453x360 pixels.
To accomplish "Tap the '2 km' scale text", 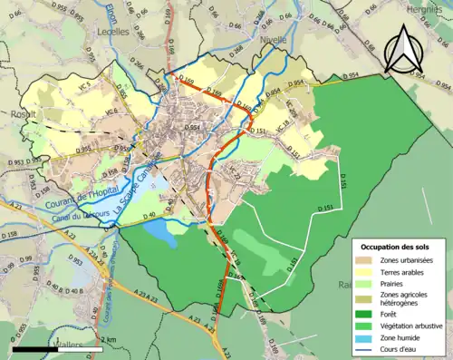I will (108, 338).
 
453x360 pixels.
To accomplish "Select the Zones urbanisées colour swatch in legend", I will (369, 261).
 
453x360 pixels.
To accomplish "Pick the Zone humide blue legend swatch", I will (369, 335).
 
